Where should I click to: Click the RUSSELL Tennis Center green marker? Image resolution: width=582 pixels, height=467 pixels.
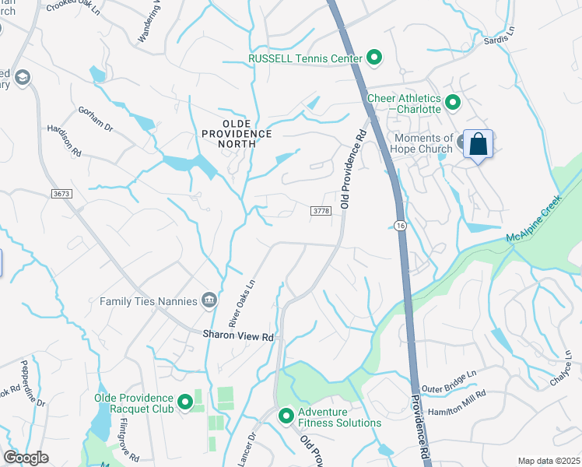tap(374, 58)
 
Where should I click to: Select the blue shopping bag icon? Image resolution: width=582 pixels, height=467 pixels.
tap(478, 144)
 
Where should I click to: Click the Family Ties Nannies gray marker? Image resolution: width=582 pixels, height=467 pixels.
tap(209, 300)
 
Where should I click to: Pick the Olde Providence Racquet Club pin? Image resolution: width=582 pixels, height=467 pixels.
tap(185, 402)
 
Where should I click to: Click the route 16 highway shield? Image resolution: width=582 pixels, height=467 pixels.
tap(400, 225)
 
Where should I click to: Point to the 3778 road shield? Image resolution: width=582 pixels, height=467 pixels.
tap(321, 210)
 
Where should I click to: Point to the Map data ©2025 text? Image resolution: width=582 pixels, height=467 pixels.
tap(548, 461)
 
